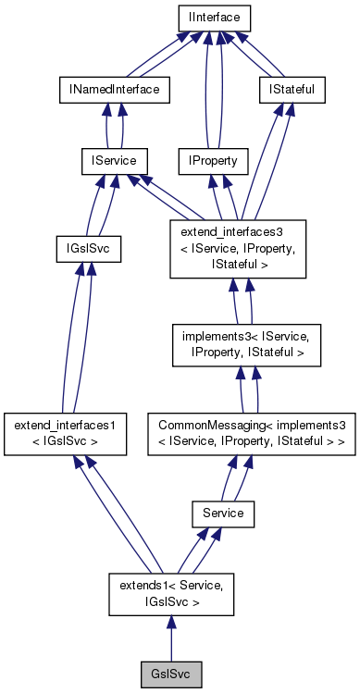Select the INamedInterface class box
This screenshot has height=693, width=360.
(108, 89)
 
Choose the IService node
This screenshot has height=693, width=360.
(108, 161)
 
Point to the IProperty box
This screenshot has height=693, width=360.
(214, 161)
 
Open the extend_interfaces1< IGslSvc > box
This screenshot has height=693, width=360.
(65, 433)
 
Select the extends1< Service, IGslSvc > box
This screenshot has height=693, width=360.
(170, 592)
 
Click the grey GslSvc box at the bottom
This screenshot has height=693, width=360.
(170, 672)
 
